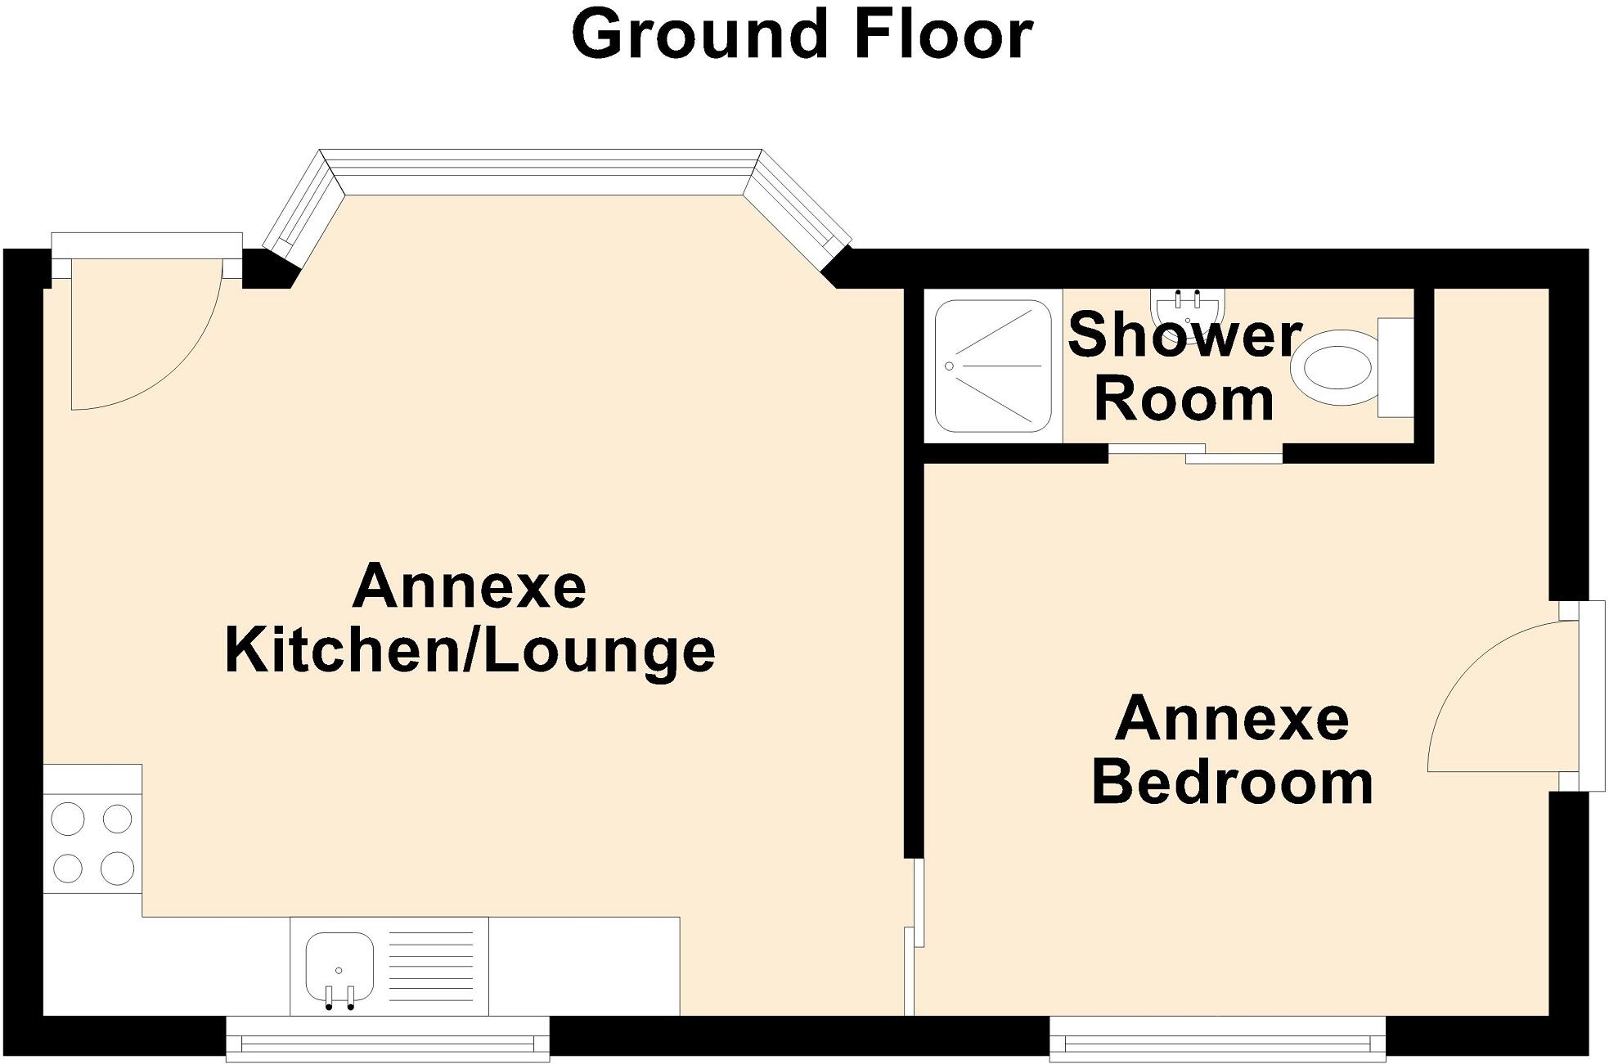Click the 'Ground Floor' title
[802, 36]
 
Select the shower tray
[992, 366]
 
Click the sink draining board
[430, 966]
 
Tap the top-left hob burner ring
[67, 818]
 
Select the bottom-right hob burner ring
[118, 868]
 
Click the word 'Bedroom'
[1232, 783]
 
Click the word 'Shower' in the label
[1184, 335]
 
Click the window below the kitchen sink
[387, 1039]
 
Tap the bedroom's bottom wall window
[1218, 1039]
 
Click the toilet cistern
[1395, 367]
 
